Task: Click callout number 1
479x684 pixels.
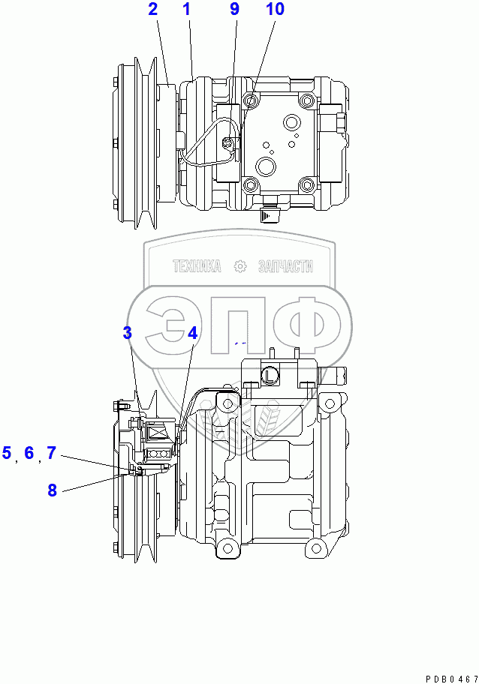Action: point(186,10)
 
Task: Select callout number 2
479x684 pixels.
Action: point(152,10)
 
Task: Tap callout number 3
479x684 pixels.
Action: point(128,333)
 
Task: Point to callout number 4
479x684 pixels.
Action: point(192,333)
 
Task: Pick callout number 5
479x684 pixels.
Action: point(7,452)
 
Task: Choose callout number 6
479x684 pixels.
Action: point(29,452)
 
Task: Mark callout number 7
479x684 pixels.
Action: point(51,452)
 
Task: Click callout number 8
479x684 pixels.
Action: point(52,490)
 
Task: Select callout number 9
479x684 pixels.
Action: point(234,10)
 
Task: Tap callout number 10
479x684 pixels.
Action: point(275,10)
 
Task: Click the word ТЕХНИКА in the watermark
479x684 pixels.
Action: point(197,266)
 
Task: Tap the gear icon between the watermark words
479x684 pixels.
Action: point(240,266)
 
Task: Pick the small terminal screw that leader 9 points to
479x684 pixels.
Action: point(230,142)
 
